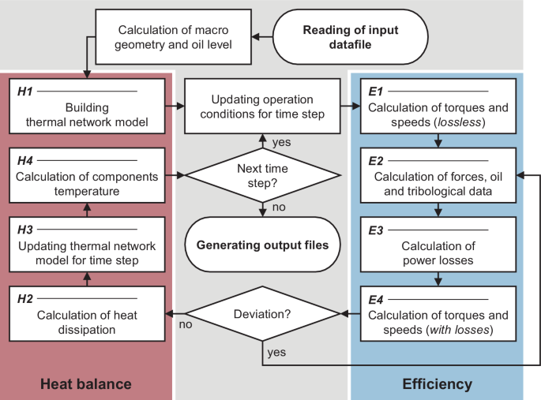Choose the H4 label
pos(24,159)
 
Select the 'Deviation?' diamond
pos(261,315)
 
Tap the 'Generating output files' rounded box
pos(261,244)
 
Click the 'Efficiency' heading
pos(437,384)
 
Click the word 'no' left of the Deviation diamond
pos(185,324)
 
